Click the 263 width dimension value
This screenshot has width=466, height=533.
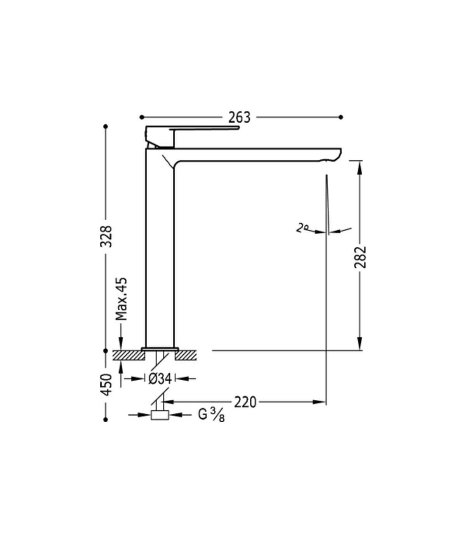(239, 117)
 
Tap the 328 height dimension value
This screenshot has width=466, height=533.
(106, 236)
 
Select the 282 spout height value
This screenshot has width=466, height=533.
(360, 257)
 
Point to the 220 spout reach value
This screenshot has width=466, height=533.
(245, 402)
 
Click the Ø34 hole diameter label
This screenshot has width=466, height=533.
(160, 379)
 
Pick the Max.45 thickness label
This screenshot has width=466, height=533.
(121, 299)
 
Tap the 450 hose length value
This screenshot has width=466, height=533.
(106, 385)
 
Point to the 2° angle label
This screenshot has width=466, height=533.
(302, 228)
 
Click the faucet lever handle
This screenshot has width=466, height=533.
(204, 128)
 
